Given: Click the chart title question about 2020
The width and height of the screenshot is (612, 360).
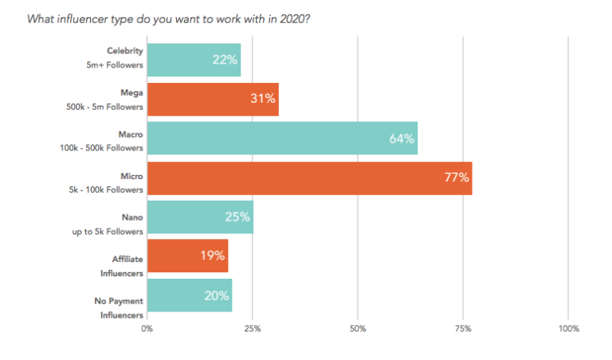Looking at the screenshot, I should pyautogui.click(x=169, y=18).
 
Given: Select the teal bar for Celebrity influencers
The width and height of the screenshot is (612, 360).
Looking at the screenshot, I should pyautogui.click(x=194, y=60).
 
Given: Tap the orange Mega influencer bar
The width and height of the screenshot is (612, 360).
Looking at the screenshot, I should pyautogui.click(x=213, y=100).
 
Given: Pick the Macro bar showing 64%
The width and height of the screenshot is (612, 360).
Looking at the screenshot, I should pyautogui.click(x=282, y=139).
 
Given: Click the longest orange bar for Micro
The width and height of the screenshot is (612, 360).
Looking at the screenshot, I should pyautogui.click(x=309, y=178).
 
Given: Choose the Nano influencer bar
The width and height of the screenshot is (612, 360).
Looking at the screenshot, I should pyautogui.click(x=200, y=217).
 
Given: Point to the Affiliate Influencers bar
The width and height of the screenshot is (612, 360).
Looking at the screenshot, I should pyautogui.click(x=187, y=256).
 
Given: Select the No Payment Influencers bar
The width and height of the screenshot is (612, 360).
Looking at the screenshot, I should pyautogui.click(x=190, y=295).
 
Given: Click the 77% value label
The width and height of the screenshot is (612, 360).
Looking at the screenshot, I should pyautogui.click(x=457, y=178).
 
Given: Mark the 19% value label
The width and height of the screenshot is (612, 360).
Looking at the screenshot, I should pyautogui.click(x=213, y=256).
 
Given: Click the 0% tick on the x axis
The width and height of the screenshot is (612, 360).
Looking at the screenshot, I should pyautogui.click(x=147, y=328).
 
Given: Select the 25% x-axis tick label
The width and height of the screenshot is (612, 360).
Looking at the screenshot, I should pyautogui.click(x=253, y=328).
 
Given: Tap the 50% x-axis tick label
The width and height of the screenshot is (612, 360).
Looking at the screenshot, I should pyautogui.click(x=358, y=328).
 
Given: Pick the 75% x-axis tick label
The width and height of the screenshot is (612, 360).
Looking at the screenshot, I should pyautogui.click(x=463, y=328).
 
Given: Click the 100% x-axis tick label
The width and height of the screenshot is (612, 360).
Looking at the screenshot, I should pyautogui.click(x=568, y=328).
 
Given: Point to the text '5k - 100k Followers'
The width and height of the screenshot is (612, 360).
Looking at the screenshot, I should pyautogui.click(x=107, y=190).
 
